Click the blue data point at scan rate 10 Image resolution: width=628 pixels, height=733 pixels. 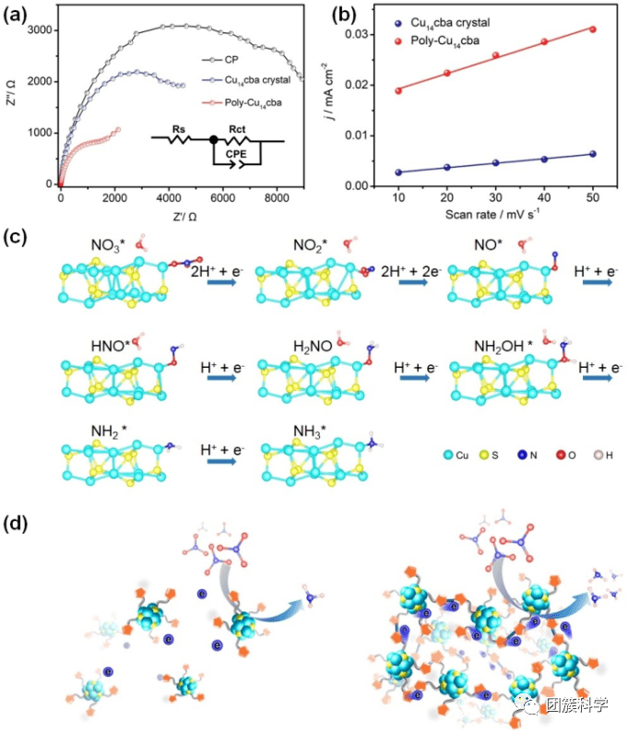[398, 172]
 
